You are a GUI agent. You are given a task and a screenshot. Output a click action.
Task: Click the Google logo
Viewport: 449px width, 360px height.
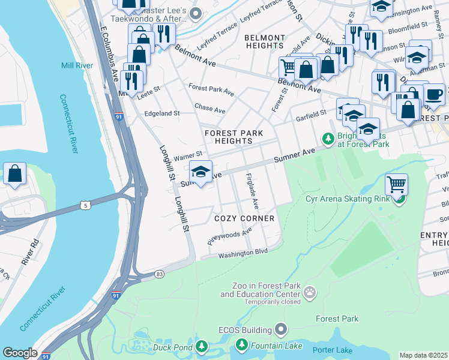pyautogui.click(x=19, y=353)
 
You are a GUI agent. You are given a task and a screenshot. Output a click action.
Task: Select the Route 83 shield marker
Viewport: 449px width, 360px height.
pyautogui.click(x=159, y=274)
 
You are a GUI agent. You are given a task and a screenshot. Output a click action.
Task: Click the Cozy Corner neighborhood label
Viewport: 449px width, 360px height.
pyautogui.click(x=245, y=218)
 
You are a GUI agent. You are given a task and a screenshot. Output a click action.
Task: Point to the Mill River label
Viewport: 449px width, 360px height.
pyautogui.click(x=75, y=65)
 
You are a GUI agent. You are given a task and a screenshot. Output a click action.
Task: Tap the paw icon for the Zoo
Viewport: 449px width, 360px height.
pyautogui.click(x=310, y=293)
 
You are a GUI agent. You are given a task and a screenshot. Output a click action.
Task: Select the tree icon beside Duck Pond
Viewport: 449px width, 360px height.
pyautogui.click(x=202, y=346)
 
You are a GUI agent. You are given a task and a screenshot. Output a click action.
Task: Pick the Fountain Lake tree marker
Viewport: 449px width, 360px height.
pyautogui.click(x=241, y=344)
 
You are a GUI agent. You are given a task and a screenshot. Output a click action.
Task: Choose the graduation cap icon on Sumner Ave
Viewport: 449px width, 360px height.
pyautogui.click(x=201, y=170)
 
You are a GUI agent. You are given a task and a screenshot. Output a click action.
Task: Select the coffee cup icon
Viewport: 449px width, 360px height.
pyautogui.click(x=434, y=94)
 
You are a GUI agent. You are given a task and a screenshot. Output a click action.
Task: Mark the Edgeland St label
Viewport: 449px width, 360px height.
pyautogui.click(x=162, y=113)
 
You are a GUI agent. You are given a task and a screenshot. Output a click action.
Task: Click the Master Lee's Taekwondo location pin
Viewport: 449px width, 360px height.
pyautogui.click(x=195, y=13)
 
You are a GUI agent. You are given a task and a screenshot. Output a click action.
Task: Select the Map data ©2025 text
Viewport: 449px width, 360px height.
pyautogui.click(x=423, y=355)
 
